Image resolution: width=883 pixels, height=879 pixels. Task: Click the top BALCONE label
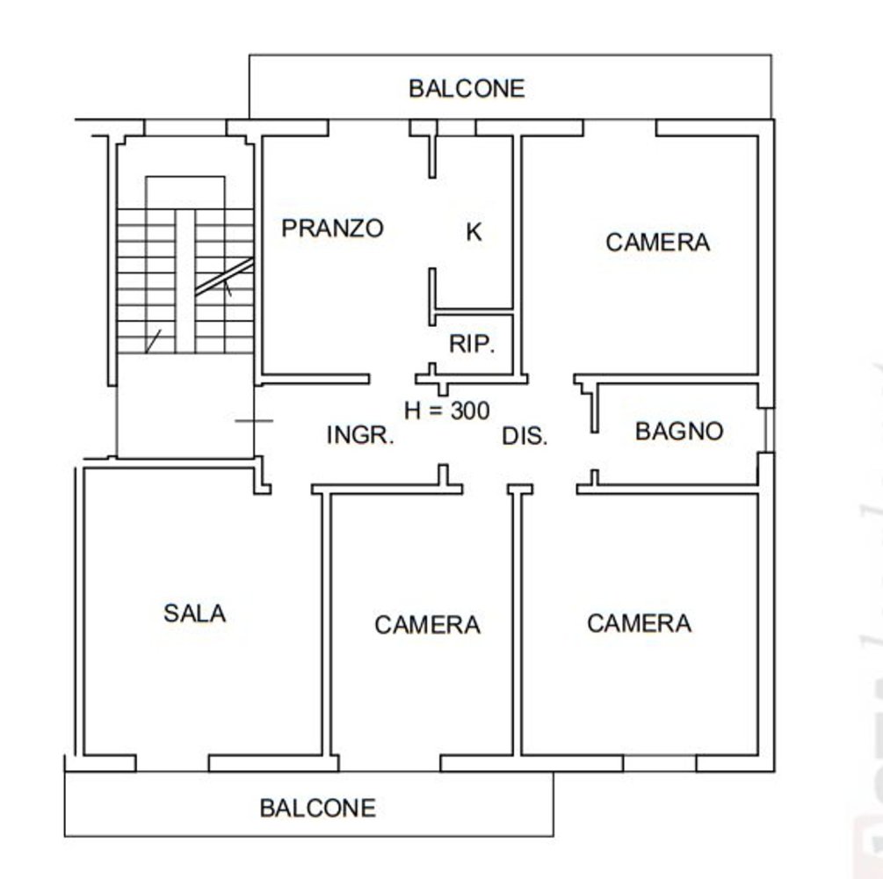[467, 89]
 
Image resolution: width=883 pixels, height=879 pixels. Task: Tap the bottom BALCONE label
[318, 808]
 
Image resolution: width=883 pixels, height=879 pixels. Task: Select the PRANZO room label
[333, 229]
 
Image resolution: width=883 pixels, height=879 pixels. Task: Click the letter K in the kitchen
[474, 233]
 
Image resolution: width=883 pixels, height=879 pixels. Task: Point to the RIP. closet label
[473, 345]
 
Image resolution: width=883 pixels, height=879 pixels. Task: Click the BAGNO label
[679, 432]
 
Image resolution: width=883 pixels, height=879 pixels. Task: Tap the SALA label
[194, 613]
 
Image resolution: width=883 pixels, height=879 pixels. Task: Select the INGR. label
[360, 435]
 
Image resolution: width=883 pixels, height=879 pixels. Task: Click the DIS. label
[525, 436]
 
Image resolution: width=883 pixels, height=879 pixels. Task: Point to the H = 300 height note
[446, 410]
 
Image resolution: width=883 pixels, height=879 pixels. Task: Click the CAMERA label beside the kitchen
[657, 243]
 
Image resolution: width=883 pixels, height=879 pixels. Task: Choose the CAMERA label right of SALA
[427, 625]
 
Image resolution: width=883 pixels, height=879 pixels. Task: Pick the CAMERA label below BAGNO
[639, 623]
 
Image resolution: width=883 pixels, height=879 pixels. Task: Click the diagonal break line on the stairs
[224, 277]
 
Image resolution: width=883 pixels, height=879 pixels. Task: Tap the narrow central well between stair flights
[185, 281]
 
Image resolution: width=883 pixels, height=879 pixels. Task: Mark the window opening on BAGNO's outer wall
[768, 430]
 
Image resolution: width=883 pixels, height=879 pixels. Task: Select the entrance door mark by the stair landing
[255, 421]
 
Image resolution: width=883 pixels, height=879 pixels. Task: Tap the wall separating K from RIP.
[474, 312]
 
